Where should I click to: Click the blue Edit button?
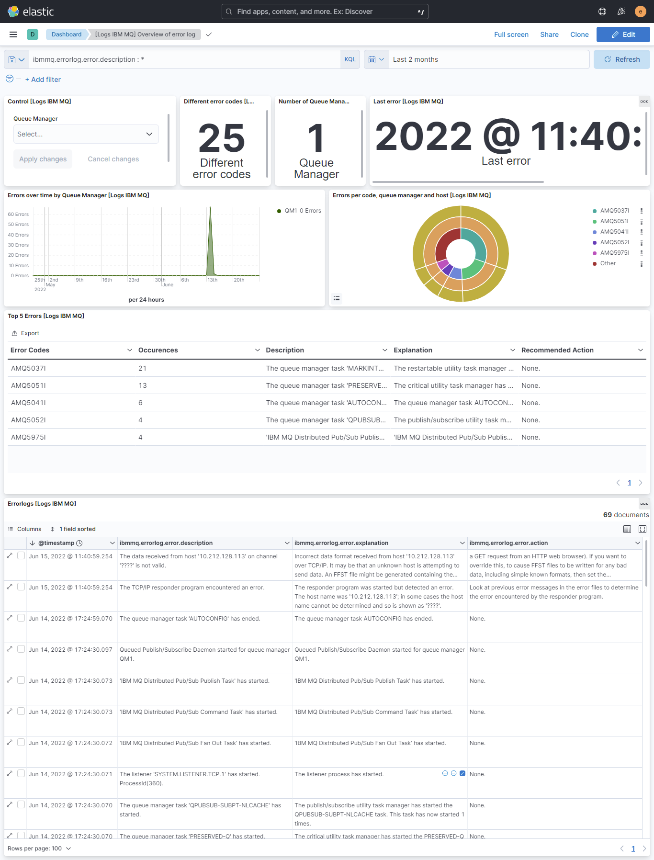coord(623,34)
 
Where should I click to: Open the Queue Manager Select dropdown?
coord(86,134)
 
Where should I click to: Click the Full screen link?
coord(511,34)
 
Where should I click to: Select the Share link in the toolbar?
coord(549,34)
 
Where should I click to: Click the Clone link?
coord(579,34)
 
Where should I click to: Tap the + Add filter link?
coord(43,79)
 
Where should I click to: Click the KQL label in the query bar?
coord(350,59)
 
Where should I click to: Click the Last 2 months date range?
coord(415,59)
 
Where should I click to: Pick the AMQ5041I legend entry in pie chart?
coord(614,232)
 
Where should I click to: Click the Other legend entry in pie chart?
coord(608,263)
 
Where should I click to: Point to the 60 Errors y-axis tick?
coord(18,215)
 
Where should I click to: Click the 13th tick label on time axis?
coord(212,280)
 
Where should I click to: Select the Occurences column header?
coord(158,350)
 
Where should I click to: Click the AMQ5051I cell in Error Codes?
coord(28,385)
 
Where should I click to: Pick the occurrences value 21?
coord(142,368)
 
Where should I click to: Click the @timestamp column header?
coord(56,543)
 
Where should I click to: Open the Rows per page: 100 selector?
coord(39,849)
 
